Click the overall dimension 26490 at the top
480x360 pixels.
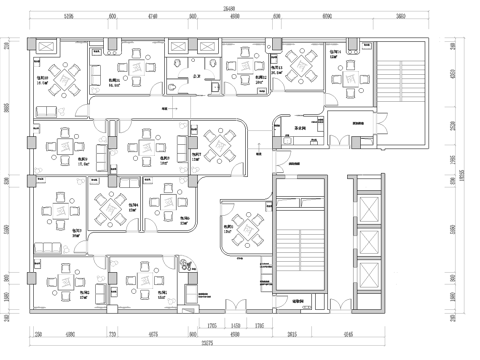tap(230, 7)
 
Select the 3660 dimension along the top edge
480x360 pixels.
tap(400, 17)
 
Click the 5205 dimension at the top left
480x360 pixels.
tap(68, 17)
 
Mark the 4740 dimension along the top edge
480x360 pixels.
tap(152, 17)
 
